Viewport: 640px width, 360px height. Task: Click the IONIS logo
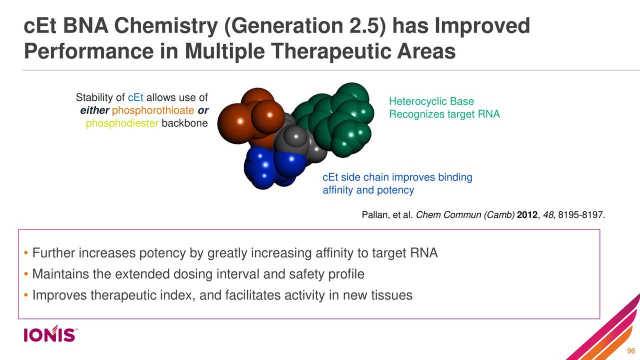(x=49, y=334)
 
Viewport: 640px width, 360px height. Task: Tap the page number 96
(x=630, y=350)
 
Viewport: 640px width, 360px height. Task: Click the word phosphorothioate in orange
(x=153, y=110)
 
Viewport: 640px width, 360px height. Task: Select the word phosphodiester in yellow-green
(x=122, y=123)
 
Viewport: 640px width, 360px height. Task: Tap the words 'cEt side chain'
(x=355, y=177)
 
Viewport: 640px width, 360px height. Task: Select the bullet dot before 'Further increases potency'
(x=25, y=254)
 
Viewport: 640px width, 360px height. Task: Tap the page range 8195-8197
(x=580, y=215)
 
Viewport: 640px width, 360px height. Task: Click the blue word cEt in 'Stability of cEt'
(x=136, y=97)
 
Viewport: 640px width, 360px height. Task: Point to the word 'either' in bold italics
(x=94, y=110)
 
